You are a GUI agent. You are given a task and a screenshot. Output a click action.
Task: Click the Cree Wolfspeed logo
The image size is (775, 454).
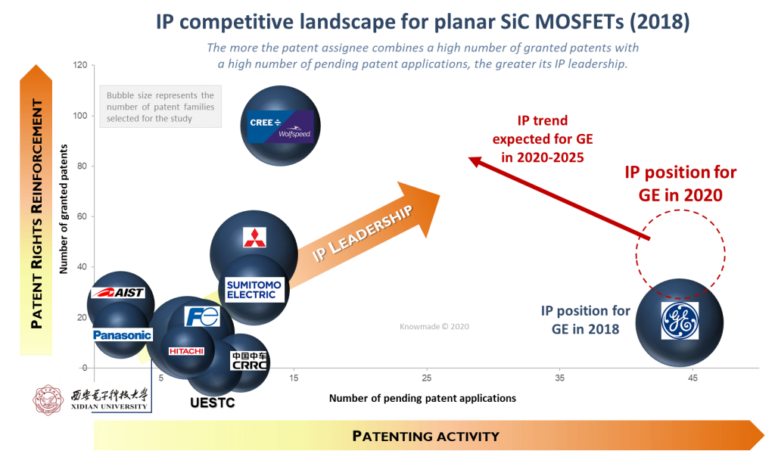coord(281,126)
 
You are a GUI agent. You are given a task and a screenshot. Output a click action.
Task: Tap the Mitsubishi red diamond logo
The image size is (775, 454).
coord(250,238)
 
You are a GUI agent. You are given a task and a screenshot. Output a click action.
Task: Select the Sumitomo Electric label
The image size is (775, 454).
coord(254,290)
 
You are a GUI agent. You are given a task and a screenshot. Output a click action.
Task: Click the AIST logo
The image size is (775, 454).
coord(117,293)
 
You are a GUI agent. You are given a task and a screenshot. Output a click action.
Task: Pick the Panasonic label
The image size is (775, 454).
coord(122,334)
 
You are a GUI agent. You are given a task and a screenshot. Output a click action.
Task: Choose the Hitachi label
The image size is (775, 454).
coord(186,351)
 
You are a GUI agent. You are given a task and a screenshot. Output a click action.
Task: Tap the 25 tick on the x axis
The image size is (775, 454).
coord(427,378)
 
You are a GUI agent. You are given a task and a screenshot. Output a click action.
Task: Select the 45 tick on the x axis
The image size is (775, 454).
coord(693,378)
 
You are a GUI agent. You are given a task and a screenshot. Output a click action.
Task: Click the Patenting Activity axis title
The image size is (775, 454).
coord(425,436)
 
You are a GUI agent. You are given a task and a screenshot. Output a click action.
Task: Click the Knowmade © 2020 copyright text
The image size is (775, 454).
coord(434,327)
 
